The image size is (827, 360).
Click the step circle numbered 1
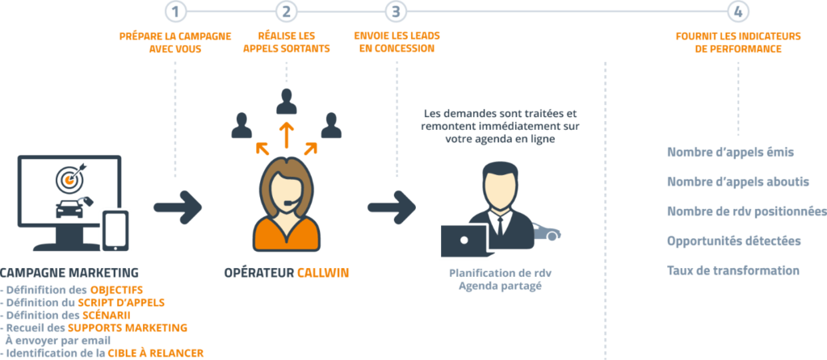(176, 10)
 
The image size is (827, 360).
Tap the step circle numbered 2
(286, 10)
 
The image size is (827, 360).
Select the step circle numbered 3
(396, 10)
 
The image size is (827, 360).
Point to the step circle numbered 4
(737, 10)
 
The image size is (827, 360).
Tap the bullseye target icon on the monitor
(69, 177)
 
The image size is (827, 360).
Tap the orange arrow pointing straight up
(285, 134)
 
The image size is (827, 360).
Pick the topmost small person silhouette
(285, 101)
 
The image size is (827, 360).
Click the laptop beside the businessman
(464, 241)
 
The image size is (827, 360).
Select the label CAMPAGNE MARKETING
(69, 272)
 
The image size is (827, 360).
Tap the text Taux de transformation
(733, 270)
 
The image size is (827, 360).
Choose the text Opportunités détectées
(734, 241)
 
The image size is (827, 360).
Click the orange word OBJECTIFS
(116, 289)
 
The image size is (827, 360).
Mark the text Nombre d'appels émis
(730, 152)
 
